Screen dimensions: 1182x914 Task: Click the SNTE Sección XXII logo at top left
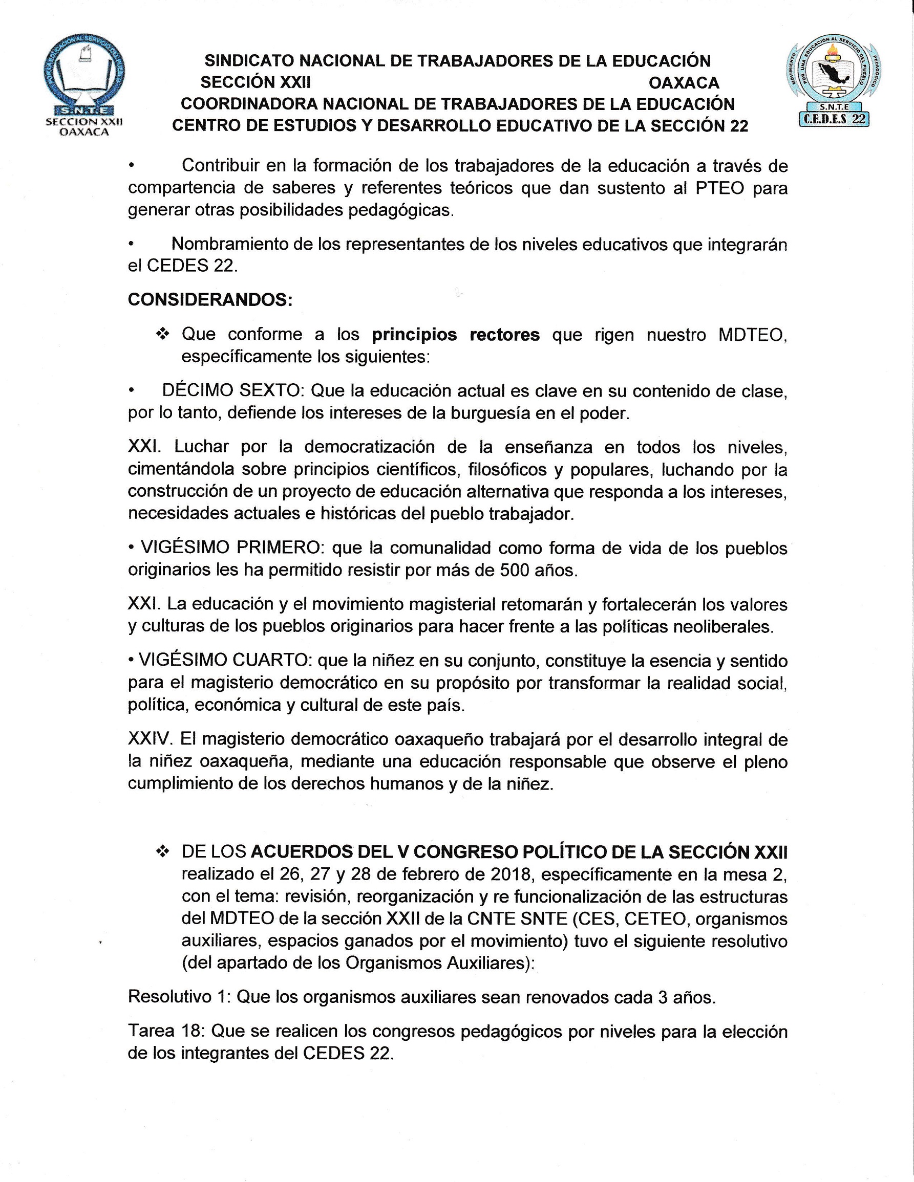tap(84, 86)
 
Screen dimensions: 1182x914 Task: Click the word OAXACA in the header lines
tap(684, 83)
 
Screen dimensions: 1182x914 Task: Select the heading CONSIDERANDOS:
tap(210, 299)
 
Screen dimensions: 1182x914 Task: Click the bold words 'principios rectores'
tap(455, 335)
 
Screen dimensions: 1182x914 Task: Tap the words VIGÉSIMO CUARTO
tap(225, 660)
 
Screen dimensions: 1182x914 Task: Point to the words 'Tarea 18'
tap(166, 1031)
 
